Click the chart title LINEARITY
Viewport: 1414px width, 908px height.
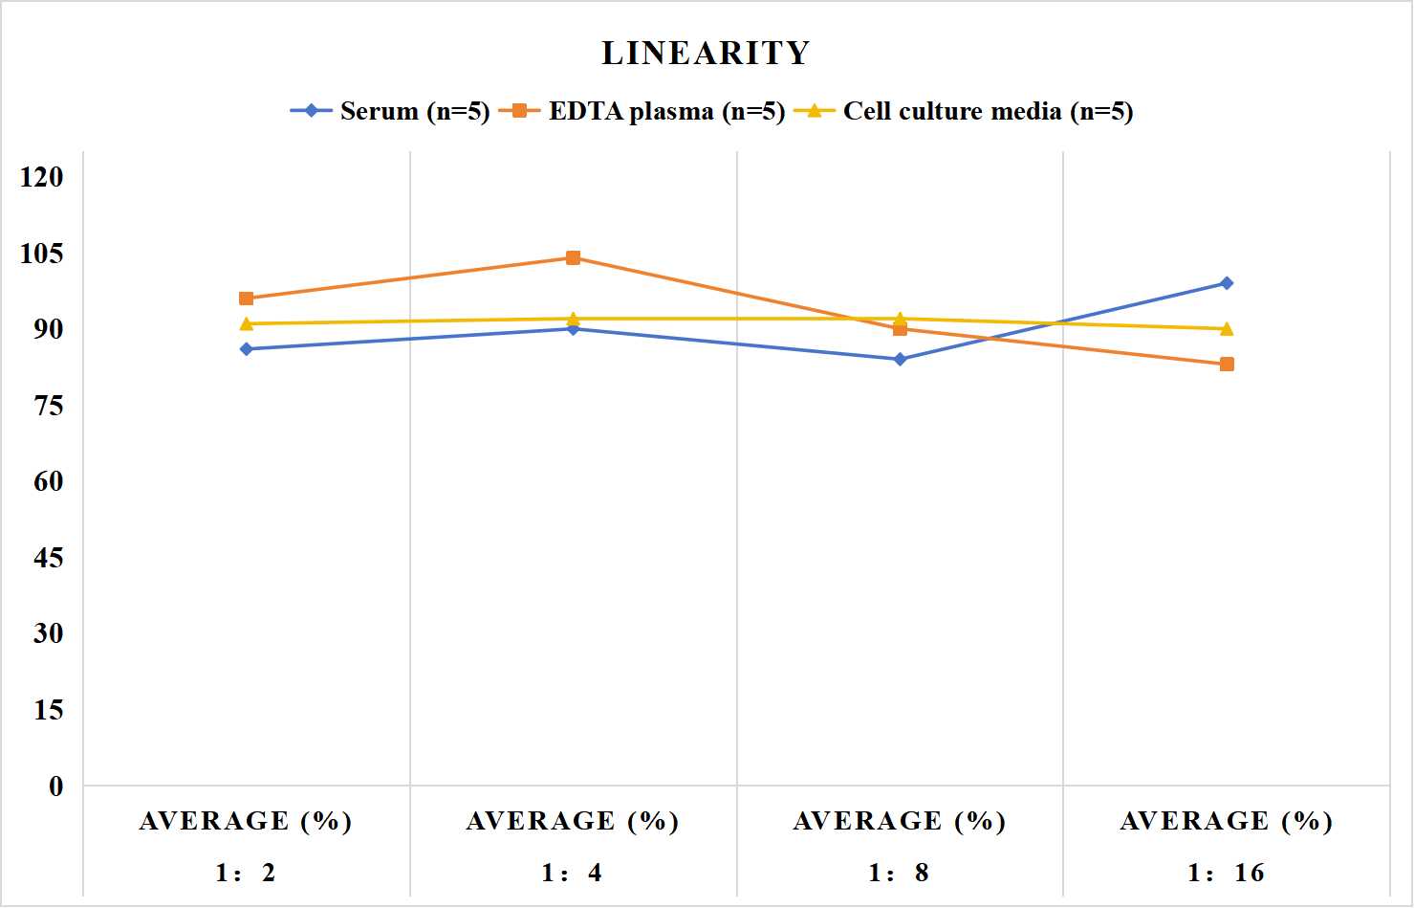(x=706, y=53)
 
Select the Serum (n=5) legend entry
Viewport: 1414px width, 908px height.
(x=390, y=111)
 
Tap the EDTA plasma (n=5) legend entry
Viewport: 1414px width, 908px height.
(x=642, y=111)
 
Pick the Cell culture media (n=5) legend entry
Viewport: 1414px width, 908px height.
(x=964, y=111)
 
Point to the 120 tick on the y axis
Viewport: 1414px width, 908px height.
(x=42, y=176)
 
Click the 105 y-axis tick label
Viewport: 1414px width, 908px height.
(x=42, y=254)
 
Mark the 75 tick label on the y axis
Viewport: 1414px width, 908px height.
(x=49, y=406)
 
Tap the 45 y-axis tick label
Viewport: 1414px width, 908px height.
(x=49, y=558)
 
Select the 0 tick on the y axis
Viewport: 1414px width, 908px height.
(x=56, y=786)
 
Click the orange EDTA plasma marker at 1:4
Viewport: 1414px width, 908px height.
(x=574, y=257)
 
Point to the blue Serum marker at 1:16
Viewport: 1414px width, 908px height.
(x=1227, y=283)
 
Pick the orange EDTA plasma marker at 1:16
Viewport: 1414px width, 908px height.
(x=1227, y=364)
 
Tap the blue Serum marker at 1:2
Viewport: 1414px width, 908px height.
(x=247, y=349)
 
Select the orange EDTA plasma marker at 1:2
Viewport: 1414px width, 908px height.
(x=247, y=299)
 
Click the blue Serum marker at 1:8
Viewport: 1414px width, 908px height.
(x=901, y=360)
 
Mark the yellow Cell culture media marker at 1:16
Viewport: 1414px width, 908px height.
(x=1227, y=328)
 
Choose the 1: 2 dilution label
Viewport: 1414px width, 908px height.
(x=246, y=873)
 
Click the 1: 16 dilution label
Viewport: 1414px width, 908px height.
(x=1226, y=873)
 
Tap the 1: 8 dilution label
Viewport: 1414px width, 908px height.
(x=899, y=873)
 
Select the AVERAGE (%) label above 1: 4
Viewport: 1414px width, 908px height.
(x=573, y=822)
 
